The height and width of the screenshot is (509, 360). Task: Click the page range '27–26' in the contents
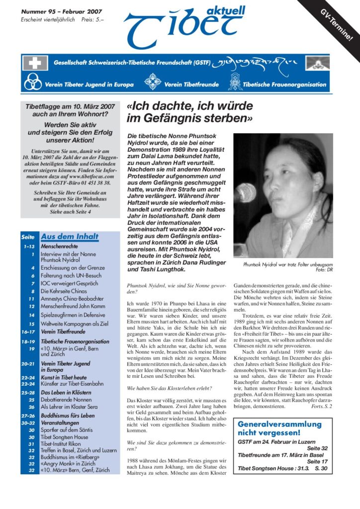click(x=28, y=415)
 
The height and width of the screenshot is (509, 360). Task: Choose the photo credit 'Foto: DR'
click(x=324, y=270)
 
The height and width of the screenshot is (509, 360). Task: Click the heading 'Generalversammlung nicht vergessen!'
click(x=279, y=429)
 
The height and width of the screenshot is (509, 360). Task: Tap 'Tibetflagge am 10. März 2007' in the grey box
click(x=70, y=106)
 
